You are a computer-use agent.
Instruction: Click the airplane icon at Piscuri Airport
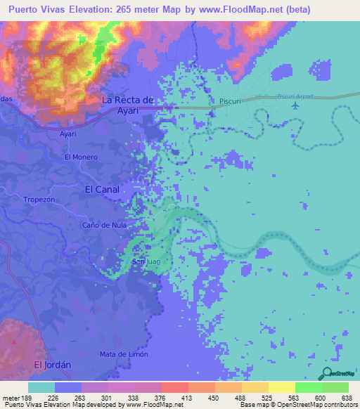(295, 105)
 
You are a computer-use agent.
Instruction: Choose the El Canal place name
(103, 189)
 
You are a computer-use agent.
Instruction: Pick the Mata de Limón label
(124, 353)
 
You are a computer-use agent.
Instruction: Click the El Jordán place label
(52, 365)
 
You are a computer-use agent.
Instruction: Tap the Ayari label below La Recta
(68, 132)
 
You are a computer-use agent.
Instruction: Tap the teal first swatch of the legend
(41, 387)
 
